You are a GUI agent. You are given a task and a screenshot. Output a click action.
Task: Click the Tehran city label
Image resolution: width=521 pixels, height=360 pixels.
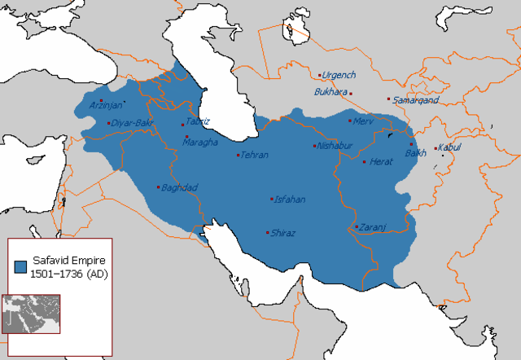coord(255,155)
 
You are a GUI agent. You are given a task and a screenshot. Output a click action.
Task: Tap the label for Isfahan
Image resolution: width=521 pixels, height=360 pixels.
coord(290,199)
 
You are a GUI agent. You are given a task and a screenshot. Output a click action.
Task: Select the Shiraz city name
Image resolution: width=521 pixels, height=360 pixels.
coord(284,233)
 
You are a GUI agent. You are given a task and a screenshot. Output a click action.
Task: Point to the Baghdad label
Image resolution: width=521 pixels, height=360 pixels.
coord(180,187)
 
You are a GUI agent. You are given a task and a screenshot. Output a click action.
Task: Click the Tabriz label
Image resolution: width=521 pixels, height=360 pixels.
coord(198,121)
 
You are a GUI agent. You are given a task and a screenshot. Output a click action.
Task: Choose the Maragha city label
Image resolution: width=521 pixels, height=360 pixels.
coord(202,143)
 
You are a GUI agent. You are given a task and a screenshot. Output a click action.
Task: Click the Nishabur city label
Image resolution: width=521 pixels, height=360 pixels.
coord(335,147)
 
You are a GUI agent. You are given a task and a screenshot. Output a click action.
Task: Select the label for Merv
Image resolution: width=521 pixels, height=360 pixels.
coord(363,121)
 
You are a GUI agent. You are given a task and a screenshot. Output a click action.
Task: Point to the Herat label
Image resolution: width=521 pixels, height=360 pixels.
coord(381,162)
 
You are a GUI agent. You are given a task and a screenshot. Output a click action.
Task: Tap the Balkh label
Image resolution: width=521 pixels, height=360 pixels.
coord(415,152)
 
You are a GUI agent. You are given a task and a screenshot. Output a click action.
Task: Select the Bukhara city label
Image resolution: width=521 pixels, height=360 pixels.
coord(331,92)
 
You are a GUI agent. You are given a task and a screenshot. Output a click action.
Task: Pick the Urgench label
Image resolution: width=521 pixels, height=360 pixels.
coord(339,75)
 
